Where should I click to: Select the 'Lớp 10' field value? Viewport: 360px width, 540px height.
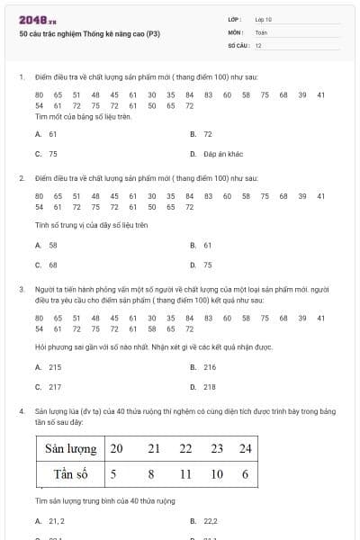coord(264,18)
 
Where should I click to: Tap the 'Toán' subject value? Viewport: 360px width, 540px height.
coord(261,31)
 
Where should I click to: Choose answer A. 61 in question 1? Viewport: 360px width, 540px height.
coord(47,134)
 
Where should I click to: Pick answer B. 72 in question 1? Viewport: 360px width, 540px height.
coord(202,134)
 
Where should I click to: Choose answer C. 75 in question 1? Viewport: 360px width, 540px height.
coord(47,154)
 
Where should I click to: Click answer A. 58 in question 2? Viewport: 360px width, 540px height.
coord(47,245)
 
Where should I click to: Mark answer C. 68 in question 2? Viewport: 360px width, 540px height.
coord(47,265)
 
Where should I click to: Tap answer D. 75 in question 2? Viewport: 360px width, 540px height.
coord(202,265)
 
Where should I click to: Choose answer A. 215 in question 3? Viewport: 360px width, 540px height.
coord(49,367)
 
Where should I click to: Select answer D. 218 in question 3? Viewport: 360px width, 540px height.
coord(203,387)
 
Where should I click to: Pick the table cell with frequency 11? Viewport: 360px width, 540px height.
coord(185,473)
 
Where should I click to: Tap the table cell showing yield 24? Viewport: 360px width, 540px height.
coord(246,448)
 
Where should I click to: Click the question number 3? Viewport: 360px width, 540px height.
coord(21,290)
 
